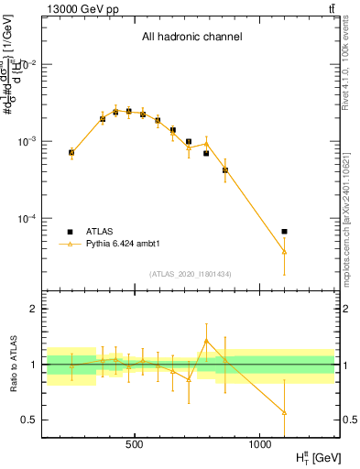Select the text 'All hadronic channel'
(x=191, y=38)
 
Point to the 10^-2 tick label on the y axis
(x=30, y=64)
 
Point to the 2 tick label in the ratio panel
(x=33, y=309)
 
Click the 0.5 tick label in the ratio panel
(x=30, y=420)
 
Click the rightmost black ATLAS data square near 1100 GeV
(x=284, y=231)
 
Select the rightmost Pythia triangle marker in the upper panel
(x=284, y=251)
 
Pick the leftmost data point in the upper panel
(x=71, y=152)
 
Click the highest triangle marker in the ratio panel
(x=206, y=340)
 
